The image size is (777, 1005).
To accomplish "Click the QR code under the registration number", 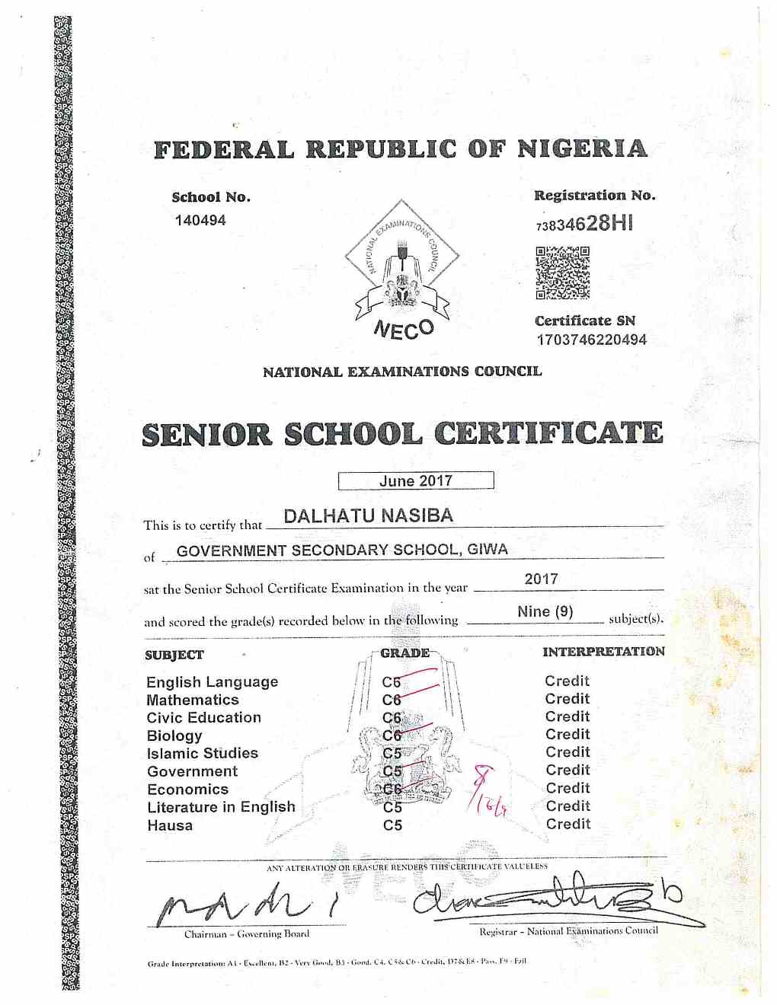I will point(562,273).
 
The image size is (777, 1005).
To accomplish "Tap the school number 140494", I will point(200,220).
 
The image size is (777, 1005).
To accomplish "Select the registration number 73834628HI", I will point(584,223).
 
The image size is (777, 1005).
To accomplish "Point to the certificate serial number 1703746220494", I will point(591,340).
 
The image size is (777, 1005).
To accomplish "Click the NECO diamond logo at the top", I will point(401,263).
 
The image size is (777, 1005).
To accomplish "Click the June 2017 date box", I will point(416,480).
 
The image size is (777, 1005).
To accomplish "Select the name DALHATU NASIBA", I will point(368,515).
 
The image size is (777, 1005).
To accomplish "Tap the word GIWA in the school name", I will point(488,549).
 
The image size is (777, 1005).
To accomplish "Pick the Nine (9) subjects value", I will point(545,611).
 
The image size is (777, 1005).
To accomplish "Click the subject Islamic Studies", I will point(202,753).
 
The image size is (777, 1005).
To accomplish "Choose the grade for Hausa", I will point(392,825).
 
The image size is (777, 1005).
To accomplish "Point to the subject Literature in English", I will point(221,807).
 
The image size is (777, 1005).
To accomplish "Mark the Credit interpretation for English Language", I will point(567,681).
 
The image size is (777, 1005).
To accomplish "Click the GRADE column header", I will point(404,652).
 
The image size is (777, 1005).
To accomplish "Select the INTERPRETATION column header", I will point(603,652).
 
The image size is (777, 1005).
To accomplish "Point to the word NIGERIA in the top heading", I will point(582,148).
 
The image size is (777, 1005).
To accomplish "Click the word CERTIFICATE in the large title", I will point(548,433).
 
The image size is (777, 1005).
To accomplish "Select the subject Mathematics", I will point(193,700).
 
